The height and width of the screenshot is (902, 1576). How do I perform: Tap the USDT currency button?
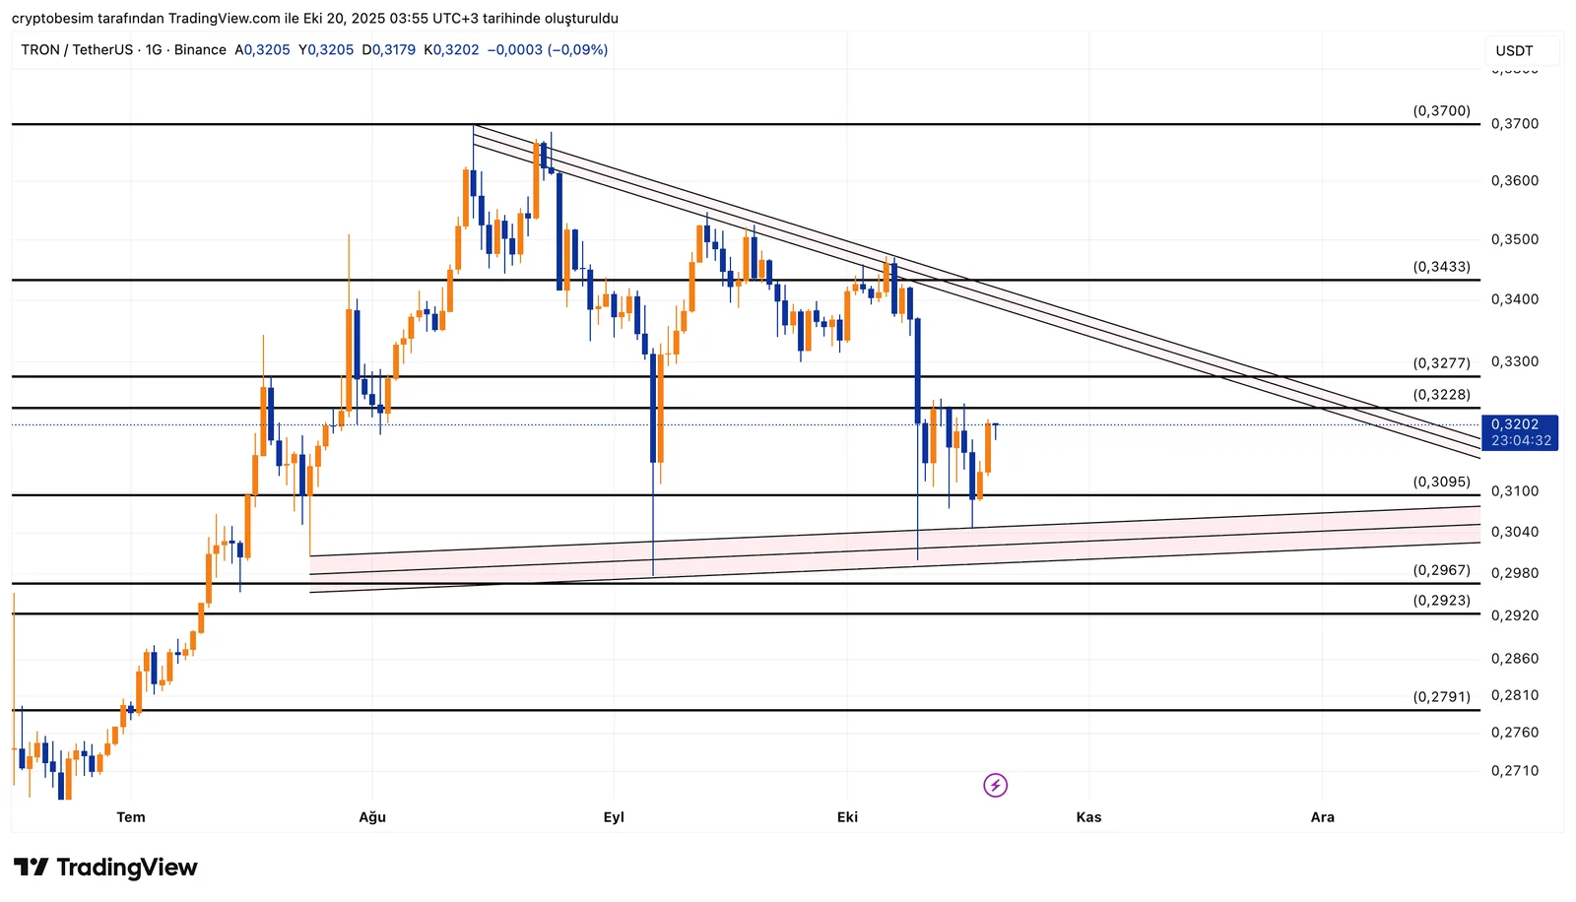(x=1514, y=50)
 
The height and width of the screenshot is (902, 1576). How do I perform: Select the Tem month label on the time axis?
(x=131, y=817)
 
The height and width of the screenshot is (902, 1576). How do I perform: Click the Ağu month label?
(x=372, y=817)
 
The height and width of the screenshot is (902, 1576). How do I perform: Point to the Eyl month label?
(x=614, y=817)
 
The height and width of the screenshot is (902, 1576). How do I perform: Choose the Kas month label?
(x=1088, y=817)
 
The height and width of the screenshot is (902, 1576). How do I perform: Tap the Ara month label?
(x=1322, y=817)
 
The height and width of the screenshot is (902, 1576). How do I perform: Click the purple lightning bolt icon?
(x=995, y=785)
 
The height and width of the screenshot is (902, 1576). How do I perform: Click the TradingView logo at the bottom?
(x=105, y=868)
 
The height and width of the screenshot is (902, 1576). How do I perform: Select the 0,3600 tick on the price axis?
(x=1514, y=181)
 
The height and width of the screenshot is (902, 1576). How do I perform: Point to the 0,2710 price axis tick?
(x=1514, y=771)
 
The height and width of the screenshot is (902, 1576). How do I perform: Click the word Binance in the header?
(x=200, y=50)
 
